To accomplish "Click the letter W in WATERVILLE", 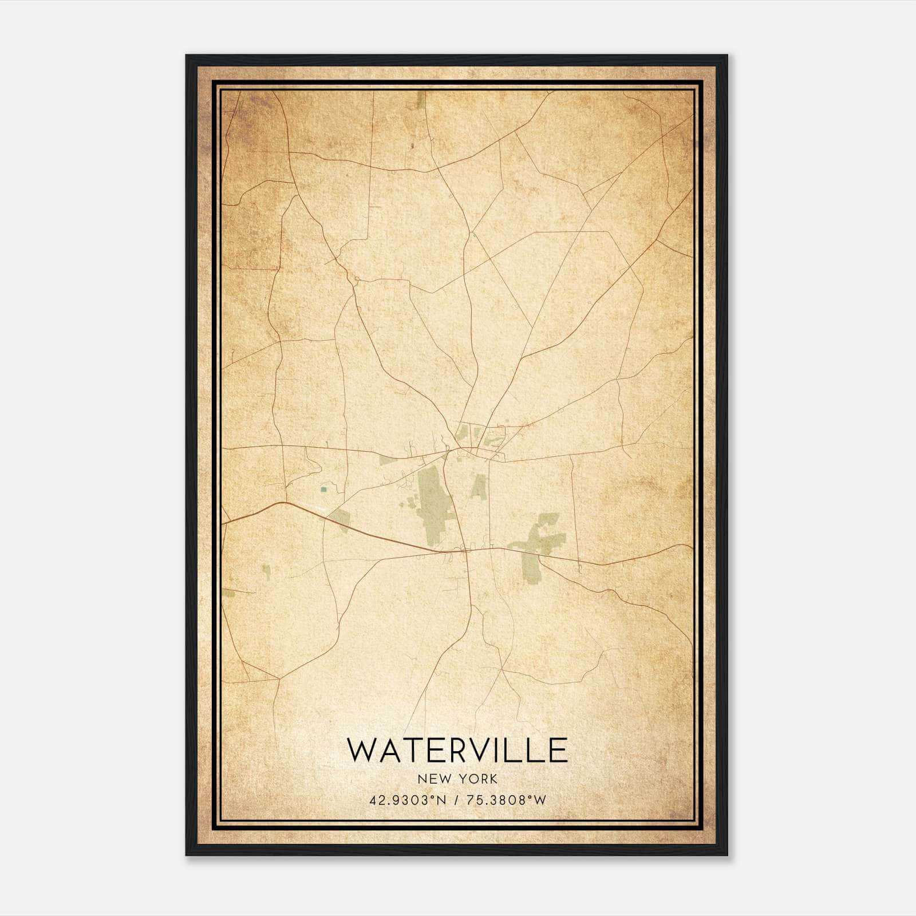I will pyautogui.click(x=362, y=751).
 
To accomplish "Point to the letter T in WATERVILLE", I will pyautogui.click(x=406, y=751).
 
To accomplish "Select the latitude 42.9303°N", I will pyautogui.click(x=407, y=800).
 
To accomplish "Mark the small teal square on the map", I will pyautogui.click(x=324, y=489).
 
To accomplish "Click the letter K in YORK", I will pyautogui.click(x=493, y=779).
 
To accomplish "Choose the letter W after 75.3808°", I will pyautogui.click(x=540, y=800).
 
